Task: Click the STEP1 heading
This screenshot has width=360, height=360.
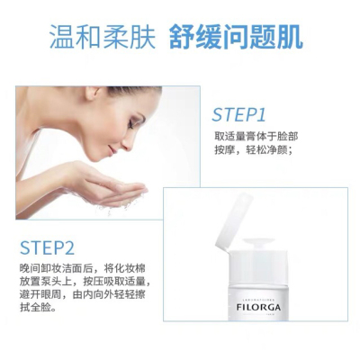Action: coord(238,114)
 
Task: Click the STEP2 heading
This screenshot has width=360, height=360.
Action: coord(47,247)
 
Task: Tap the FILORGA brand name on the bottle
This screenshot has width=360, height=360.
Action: coord(258,308)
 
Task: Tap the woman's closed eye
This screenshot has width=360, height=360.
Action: coord(130,125)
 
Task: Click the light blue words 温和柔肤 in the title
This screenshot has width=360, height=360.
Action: coord(103,38)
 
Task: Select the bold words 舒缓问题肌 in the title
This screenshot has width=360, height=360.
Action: coord(236,38)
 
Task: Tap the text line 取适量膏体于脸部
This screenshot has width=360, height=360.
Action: coord(256,136)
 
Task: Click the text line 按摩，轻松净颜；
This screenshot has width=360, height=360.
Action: coord(254,150)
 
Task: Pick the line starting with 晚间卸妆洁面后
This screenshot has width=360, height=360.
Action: coord(83,267)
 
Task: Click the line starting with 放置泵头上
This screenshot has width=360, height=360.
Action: coord(85,281)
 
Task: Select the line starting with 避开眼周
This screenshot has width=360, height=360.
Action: coord(83,294)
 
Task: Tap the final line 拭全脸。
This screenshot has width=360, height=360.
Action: coord(38,308)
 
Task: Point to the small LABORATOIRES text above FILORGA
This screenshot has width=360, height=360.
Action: coord(258,299)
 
